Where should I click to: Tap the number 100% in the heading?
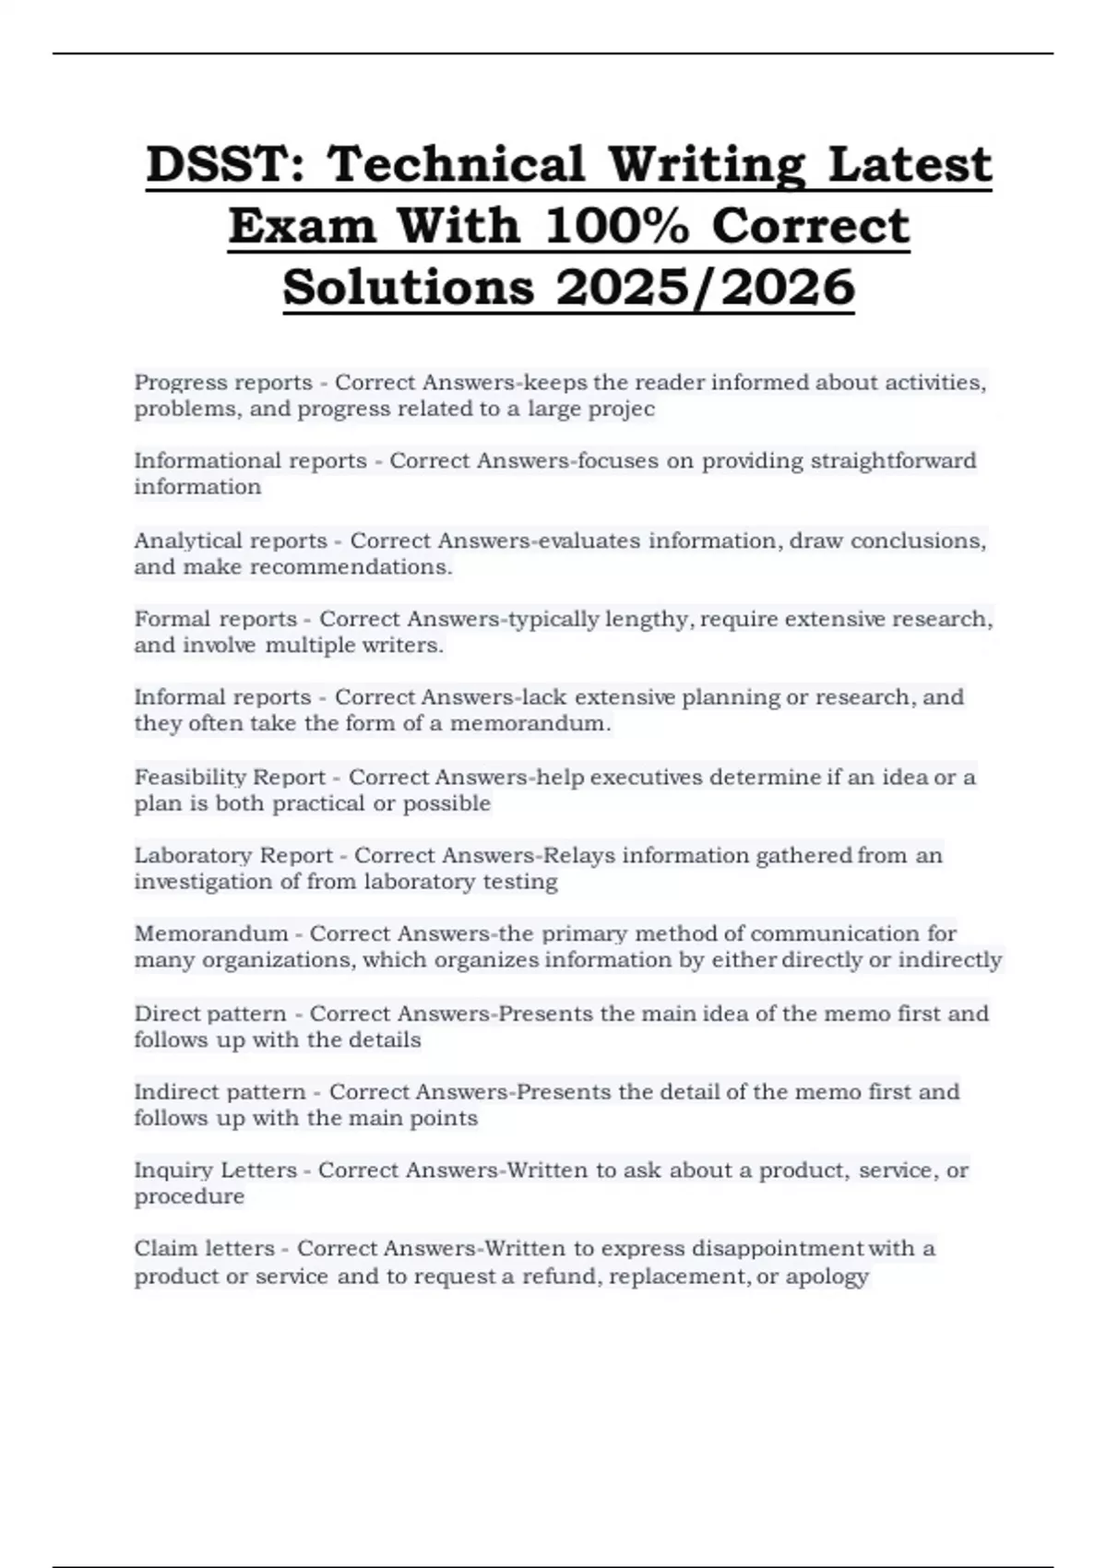click(616, 226)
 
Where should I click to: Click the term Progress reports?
click(223, 382)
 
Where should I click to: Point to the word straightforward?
click(893, 460)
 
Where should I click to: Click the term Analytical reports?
click(231, 540)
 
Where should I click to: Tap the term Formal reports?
click(216, 619)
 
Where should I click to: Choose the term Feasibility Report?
click(230, 777)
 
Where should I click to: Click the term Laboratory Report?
click(233, 855)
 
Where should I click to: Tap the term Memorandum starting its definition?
click(211, 933)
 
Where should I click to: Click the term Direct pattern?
click(210, 1014)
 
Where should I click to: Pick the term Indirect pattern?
click(220, 1092)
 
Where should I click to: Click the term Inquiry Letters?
click(215, 1170)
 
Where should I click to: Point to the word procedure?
click(189, 1196)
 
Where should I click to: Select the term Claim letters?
click(204, 1249)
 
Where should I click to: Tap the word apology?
click(827, 1277)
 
